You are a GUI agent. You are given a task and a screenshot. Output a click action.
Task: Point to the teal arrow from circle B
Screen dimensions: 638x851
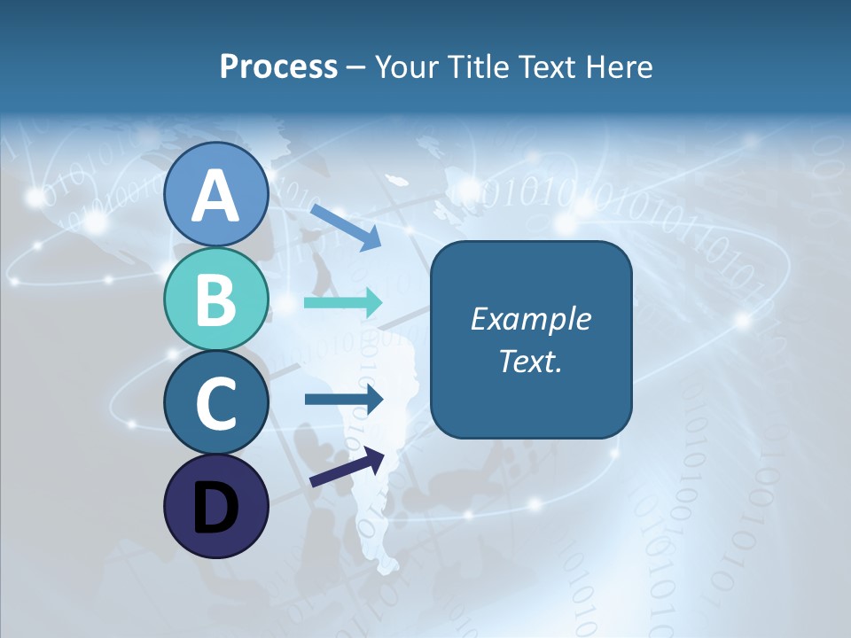tap(342, 302)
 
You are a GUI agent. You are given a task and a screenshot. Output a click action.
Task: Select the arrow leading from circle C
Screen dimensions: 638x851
tap(343, 399)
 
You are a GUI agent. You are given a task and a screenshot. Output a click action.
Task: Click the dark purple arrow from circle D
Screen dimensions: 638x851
tap(347, 467)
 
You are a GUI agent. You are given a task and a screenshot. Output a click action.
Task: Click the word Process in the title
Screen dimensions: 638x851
tap(278, 67)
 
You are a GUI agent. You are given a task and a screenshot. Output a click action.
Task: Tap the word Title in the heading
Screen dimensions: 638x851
tap(479, 67)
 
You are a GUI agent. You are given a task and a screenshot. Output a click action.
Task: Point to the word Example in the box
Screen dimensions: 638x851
tap(530, 319)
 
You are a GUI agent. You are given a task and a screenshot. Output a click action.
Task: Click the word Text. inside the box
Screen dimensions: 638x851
tap(530, 361)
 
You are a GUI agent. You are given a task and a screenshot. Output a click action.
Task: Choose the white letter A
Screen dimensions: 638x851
tap(215, 196)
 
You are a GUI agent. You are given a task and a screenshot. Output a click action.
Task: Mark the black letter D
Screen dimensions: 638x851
tap(215, 509)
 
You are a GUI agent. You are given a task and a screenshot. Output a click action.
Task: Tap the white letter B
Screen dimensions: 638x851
tap(215, 300)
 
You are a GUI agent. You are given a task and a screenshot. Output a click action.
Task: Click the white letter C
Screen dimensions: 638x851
tap(215, 403)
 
